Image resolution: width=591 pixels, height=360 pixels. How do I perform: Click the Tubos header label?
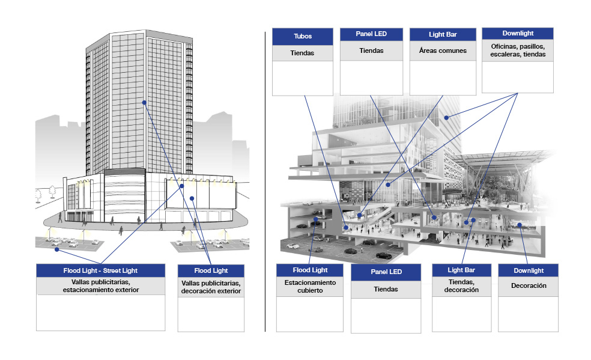(x=303, y=36)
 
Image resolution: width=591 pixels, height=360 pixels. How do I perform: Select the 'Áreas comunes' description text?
(x=443, y=50)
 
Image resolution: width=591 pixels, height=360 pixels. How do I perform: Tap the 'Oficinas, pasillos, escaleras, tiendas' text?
(x=518, y=50)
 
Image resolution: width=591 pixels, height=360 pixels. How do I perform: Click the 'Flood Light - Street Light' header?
(x=100, y=270)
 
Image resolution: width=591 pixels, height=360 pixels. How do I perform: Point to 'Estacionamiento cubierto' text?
(x=310, y=286)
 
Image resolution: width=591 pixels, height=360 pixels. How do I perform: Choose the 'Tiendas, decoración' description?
(x=461, y=285)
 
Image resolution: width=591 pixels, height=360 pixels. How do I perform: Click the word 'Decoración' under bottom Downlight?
(x=529, y=285)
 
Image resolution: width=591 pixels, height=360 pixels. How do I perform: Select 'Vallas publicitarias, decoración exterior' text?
(x=211, y=287)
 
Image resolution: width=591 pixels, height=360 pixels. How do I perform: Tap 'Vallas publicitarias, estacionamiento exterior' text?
(x=101, y=285)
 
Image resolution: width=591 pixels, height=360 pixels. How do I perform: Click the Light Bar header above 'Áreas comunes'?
(x=443, y=34)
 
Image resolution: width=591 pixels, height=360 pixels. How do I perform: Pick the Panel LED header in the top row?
(x=371, y=34)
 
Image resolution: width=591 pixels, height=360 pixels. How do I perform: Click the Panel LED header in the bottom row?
(x=386, y=272)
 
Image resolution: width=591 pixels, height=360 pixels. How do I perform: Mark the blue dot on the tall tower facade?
(x=144, y=102)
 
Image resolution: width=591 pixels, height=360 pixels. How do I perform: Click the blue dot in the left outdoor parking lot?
(x=57, y=249)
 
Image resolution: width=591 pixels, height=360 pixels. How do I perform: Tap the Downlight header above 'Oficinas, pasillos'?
(x=518, y=33)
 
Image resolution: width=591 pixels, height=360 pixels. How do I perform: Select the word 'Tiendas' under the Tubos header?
(x=302, y=53)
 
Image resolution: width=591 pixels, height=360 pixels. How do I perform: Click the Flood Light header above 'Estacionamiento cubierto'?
(x=310, y=270)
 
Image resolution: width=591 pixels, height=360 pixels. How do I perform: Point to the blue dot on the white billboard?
(x=192, y=198)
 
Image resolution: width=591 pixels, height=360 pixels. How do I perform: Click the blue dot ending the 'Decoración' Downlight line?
(x=520, y=225)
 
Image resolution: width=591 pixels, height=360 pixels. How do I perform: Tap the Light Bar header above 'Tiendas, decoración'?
(x=461, y=270)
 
